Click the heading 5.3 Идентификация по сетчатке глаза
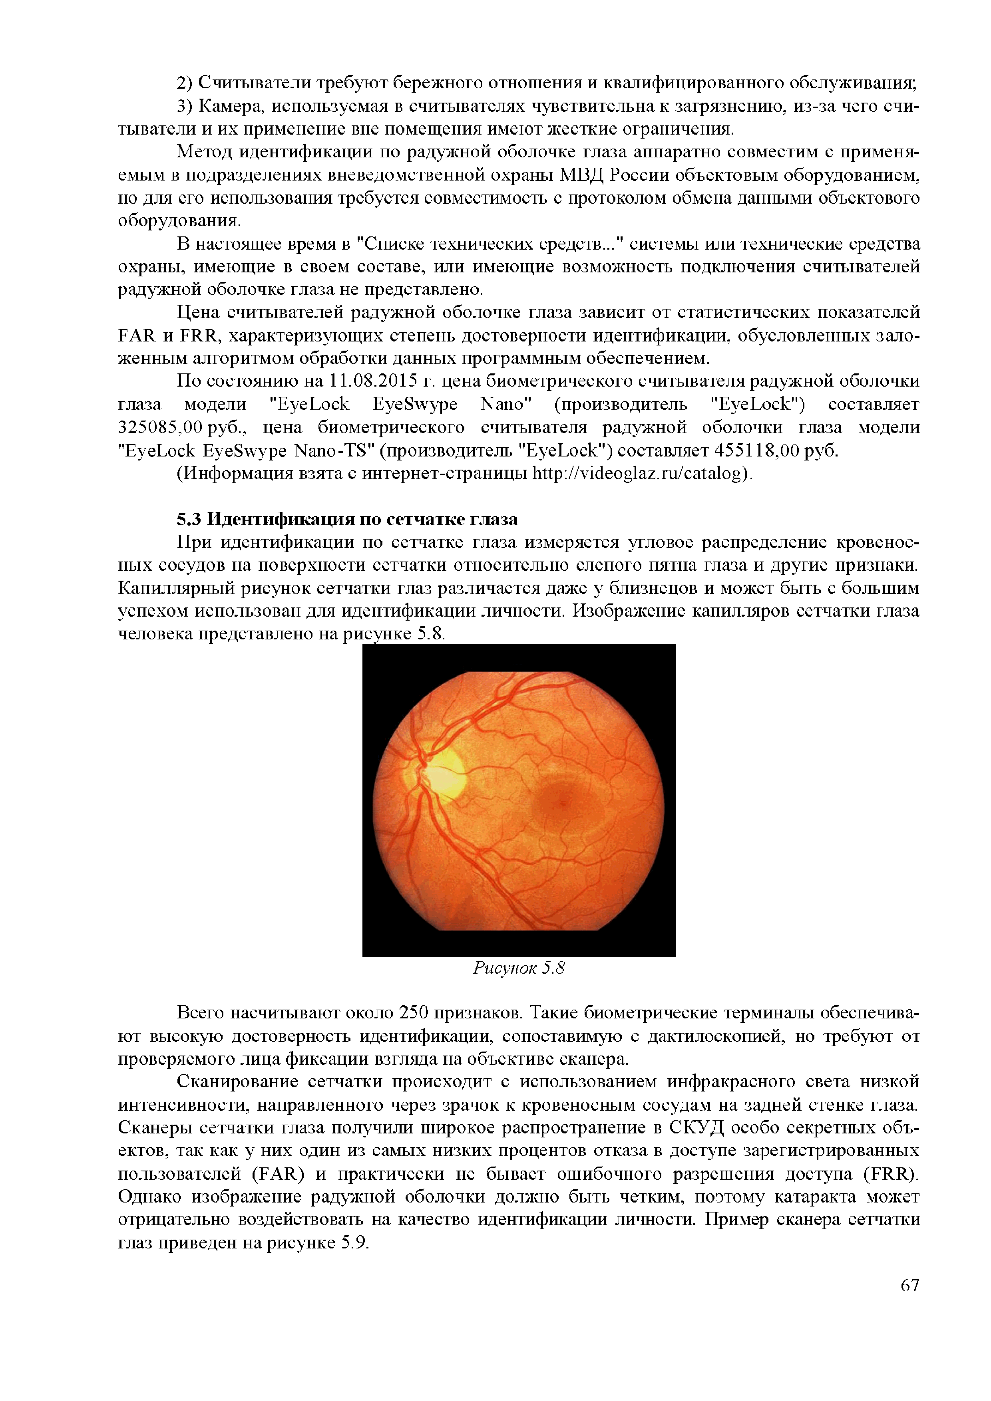click(x=347, y=519)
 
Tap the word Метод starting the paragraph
click(x=205, y=152)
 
